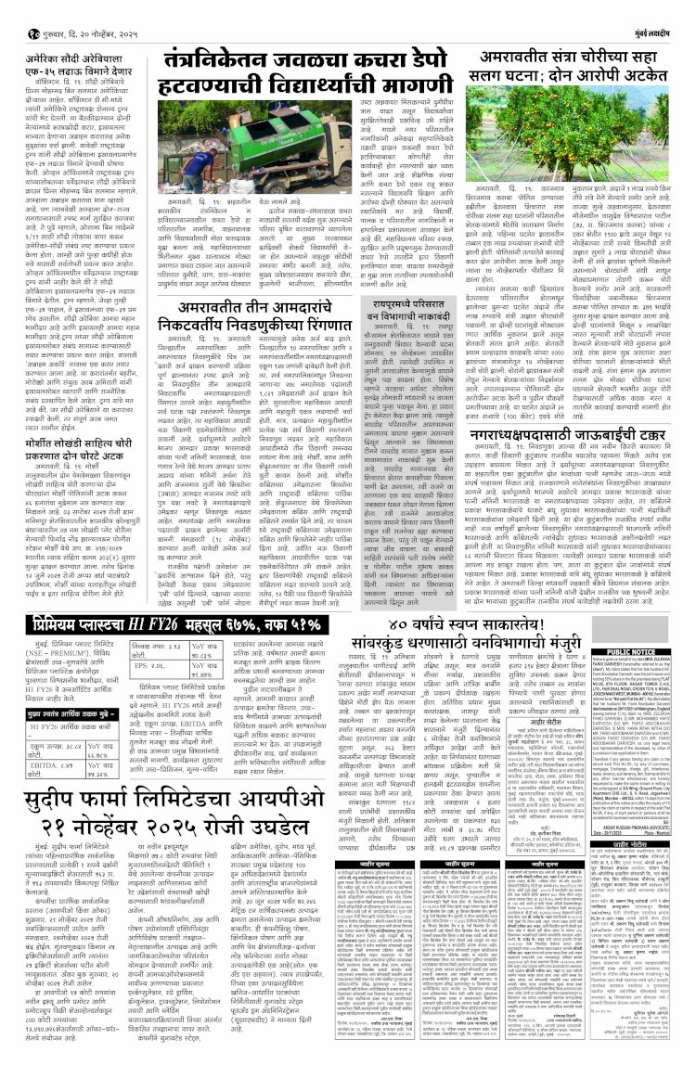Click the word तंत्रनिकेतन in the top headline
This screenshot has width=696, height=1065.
217,64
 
